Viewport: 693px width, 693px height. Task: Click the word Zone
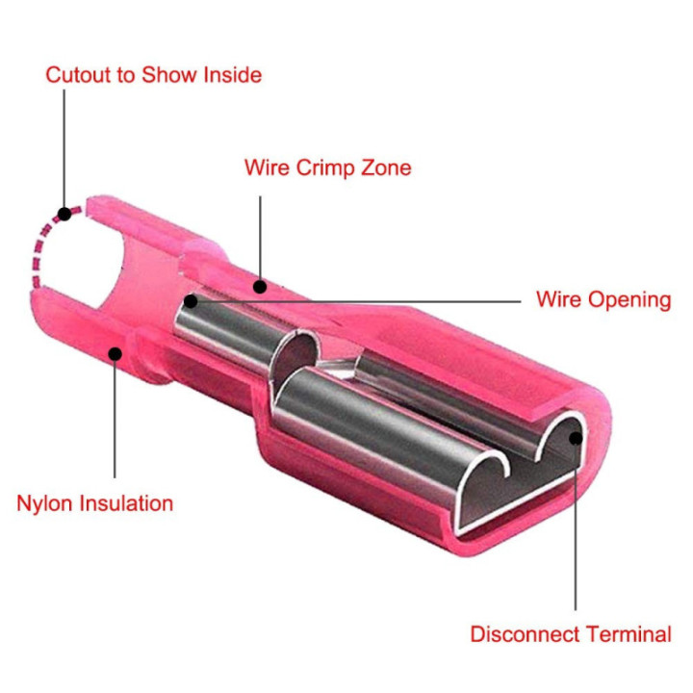point(386,167)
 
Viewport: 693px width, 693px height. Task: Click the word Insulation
point(126,503)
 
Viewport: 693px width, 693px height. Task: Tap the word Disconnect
point(525,634)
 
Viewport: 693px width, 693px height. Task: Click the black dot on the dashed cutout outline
point(64,215)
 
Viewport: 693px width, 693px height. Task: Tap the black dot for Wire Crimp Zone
point(260,287)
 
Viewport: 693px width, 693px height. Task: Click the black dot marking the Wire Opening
point(191,301)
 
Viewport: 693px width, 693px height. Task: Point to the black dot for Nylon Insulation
point(115,354)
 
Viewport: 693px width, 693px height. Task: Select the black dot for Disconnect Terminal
point(576,439)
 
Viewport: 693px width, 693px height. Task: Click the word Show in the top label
point(169,75)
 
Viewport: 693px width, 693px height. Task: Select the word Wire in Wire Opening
point(558,299)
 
